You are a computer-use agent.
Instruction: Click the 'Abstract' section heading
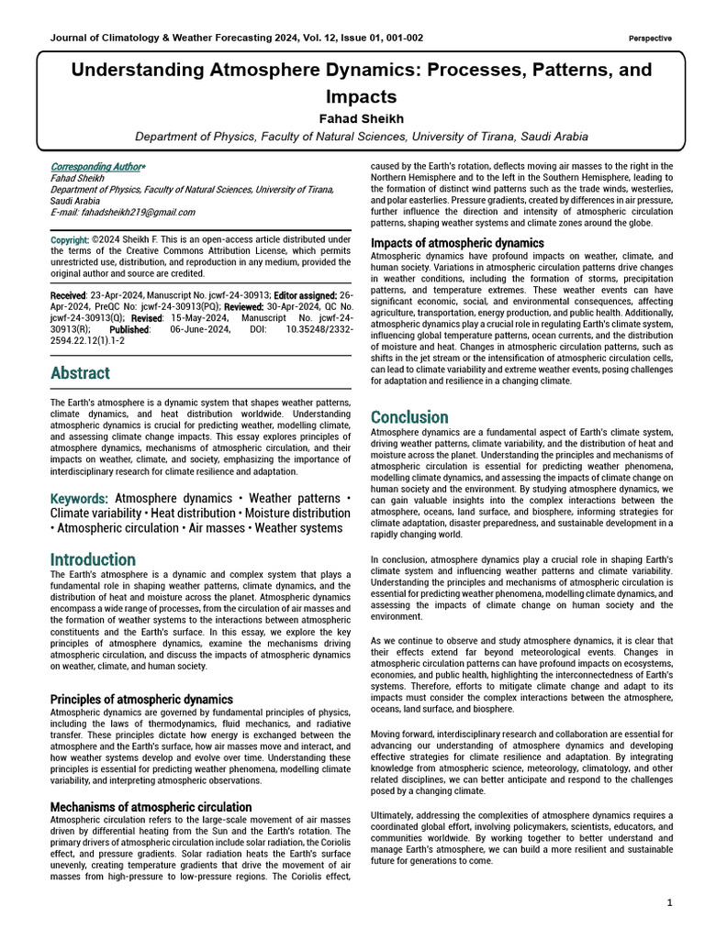pyautogui.click(x=80, y=373)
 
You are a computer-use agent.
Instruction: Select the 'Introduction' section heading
pyautogui.click(x=93, y=559)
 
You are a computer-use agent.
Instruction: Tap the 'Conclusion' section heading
pyautogui.click(x=409, y=417)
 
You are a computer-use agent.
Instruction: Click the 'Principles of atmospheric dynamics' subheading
pyautogui.click(x=141, y=700)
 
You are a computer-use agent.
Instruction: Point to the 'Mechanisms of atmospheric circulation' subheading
pyautogui.click(x=151, y=807)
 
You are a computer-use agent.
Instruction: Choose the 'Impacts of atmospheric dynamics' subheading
pyautogui.click(x=457, y=243)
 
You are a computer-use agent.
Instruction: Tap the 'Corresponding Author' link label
pyautogui.click(x=96, y=167)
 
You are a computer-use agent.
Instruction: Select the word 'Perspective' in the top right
pyautogui.click(x=650, y=39)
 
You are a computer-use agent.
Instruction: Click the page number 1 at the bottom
pyautogui.click(x=671, y=903)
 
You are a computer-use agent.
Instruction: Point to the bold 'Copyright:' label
pyautogui.click(x=71, y=240)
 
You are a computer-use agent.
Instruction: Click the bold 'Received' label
pyautogui.click(x=69, y=295)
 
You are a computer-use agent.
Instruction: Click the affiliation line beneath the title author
pyautogui.click(x=361, y=137)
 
